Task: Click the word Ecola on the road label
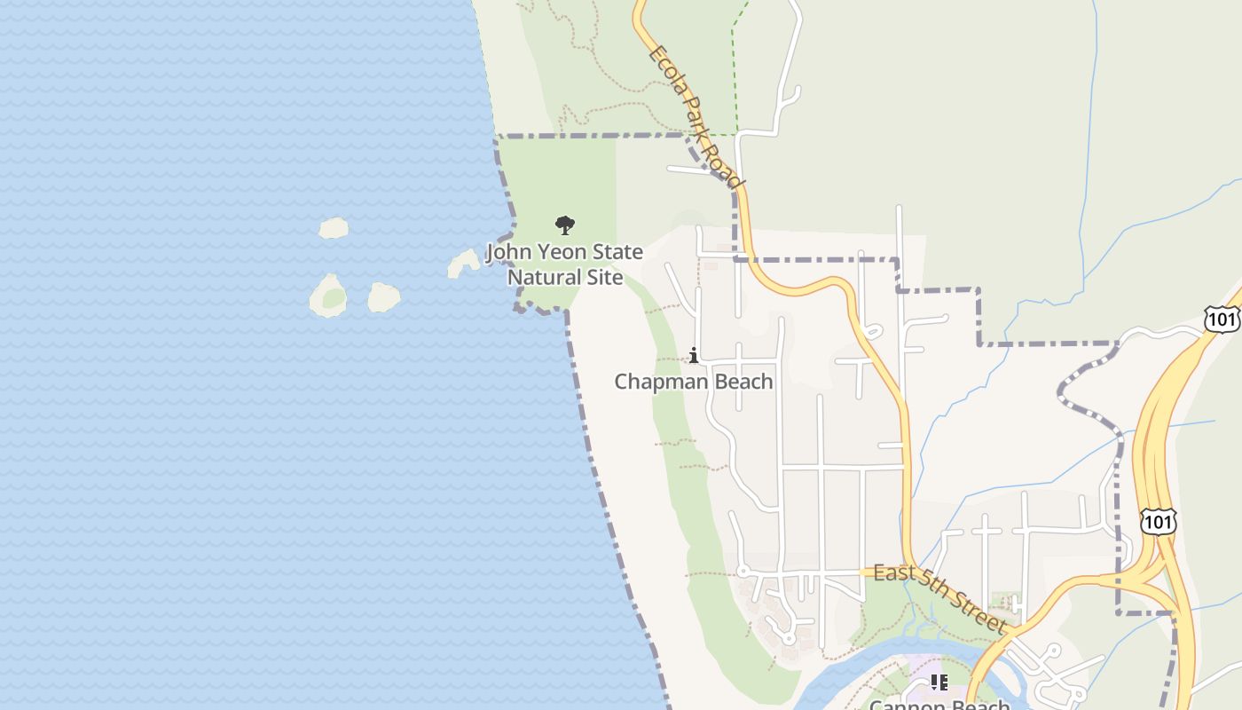(664, 67)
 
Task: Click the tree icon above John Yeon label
(564, 225)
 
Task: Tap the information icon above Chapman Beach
(694, 356)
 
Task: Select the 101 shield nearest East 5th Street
(1159, 521)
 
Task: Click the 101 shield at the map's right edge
(1222, 319)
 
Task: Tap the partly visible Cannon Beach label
(939, 704)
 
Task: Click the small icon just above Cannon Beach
(939, 682)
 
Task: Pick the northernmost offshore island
(334, 228)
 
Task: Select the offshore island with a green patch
(329, 296)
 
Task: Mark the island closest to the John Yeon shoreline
(463, 263)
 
